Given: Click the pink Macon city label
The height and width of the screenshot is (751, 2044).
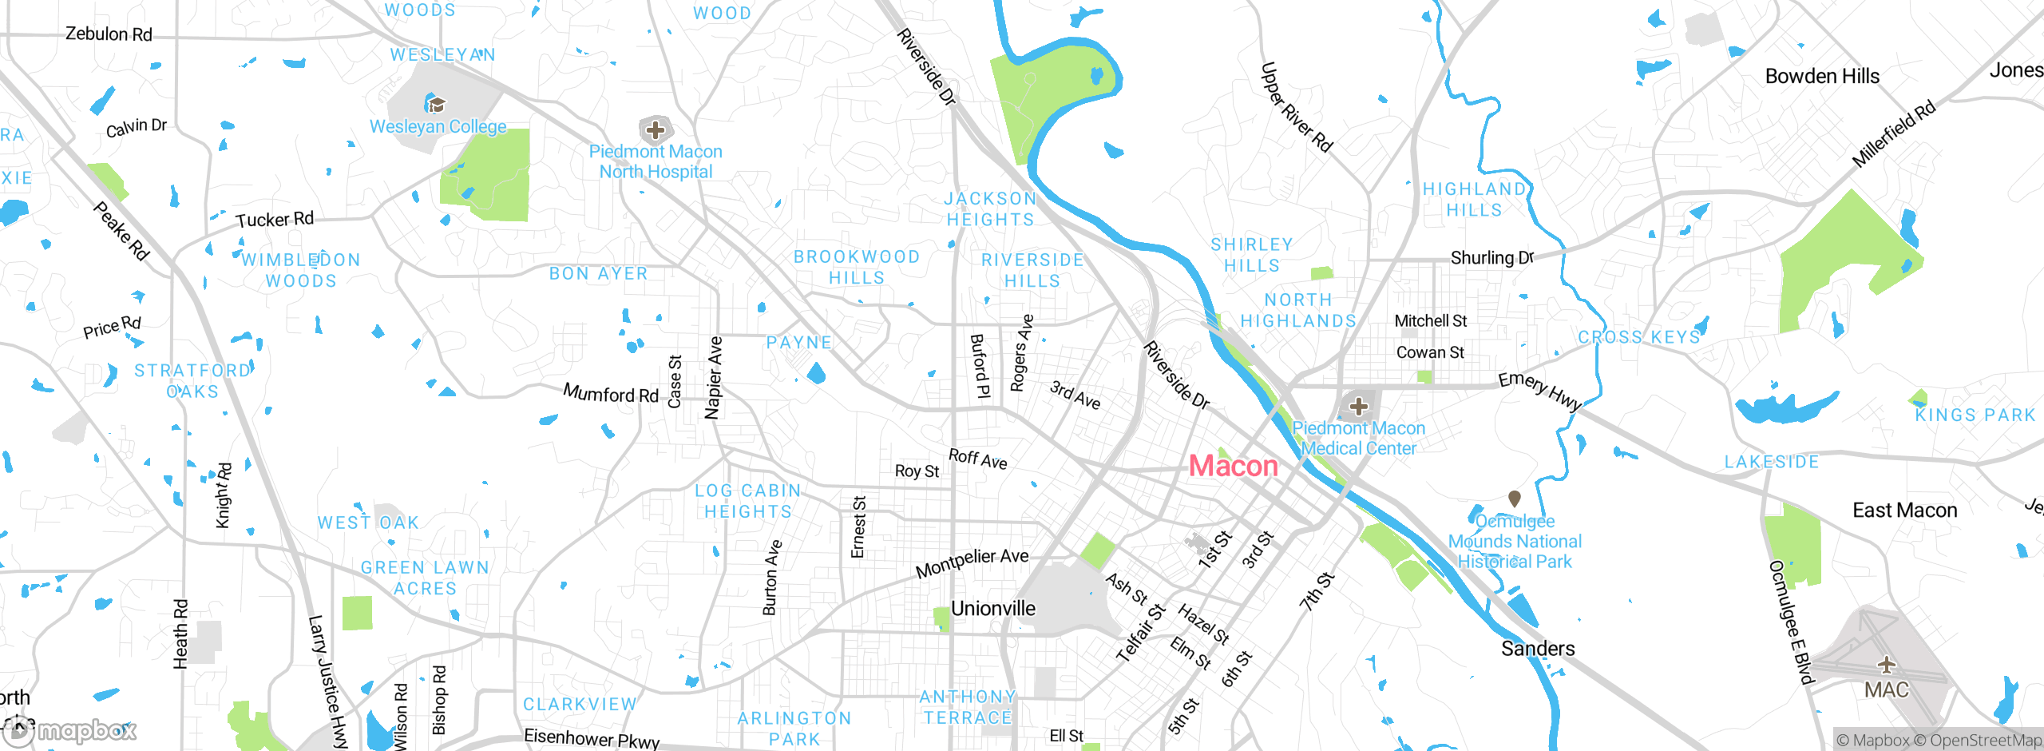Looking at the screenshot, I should (1233, 466).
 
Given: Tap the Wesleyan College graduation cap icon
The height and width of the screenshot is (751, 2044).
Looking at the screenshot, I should (436, 105).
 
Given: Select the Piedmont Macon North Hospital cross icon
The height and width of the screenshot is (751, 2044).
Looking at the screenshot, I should (656, 129).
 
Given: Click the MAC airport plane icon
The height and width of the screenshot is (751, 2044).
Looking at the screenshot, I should (1886, 665).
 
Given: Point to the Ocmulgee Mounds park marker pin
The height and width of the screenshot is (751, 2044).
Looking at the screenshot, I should (1514, 499).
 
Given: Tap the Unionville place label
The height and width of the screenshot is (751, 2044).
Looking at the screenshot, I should (992, 609).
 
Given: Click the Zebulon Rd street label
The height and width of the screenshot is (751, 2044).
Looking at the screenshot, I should (109, 34).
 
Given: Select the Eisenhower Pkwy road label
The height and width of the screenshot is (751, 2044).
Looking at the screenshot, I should (592, 738).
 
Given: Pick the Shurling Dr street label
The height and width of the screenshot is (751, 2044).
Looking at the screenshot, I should (1491, 257).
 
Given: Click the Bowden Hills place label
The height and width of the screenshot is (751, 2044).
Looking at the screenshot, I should (1822, 77).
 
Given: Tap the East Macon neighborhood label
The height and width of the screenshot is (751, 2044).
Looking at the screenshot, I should (1904, 511).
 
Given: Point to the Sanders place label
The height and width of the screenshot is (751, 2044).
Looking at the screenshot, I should (1538, 649).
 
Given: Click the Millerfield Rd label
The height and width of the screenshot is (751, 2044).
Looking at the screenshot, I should (1893, 134).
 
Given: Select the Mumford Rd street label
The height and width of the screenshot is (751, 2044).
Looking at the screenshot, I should (611, 393).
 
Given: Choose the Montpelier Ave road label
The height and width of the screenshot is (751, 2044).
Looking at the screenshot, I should (972, 563).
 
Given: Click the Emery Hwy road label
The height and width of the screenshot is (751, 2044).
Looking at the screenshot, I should (1539, 391).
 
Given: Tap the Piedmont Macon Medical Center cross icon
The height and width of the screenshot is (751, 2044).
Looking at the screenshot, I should (1358, 407).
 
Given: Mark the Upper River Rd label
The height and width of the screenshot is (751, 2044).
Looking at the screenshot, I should (1296, 108).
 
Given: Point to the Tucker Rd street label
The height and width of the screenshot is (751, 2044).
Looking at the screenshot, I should (275, 220).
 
